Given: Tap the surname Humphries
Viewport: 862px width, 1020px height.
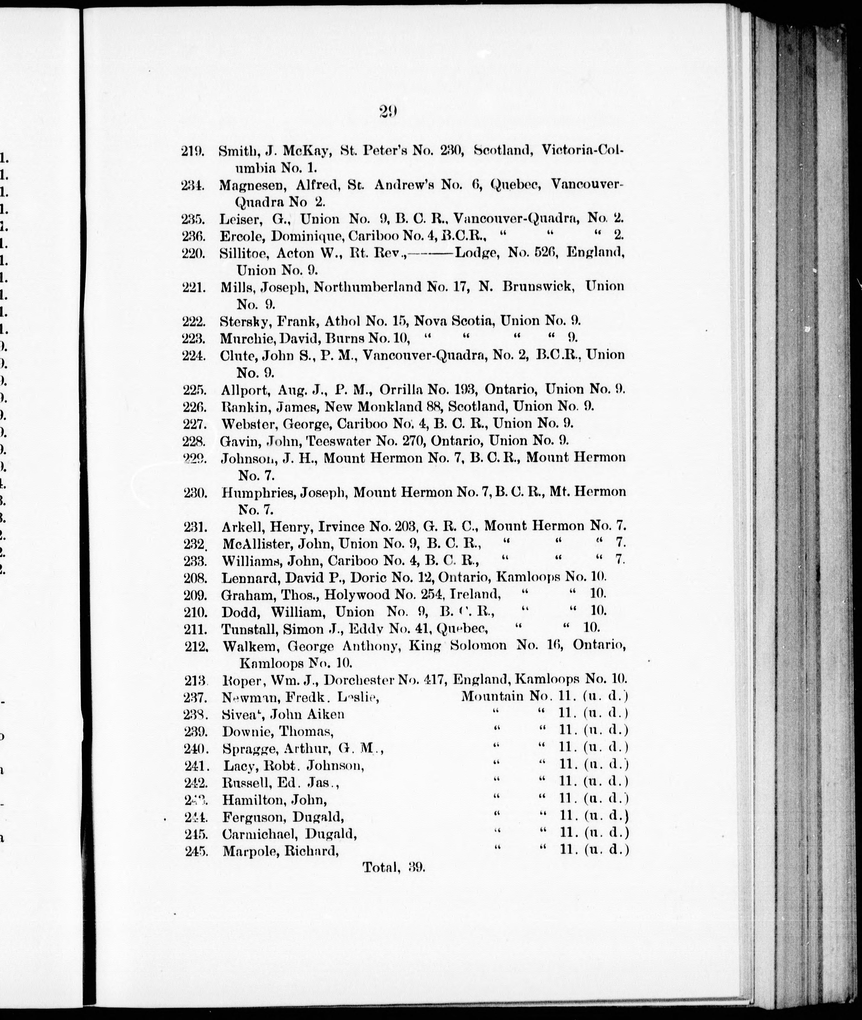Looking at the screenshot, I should click(x=257, y=492).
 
